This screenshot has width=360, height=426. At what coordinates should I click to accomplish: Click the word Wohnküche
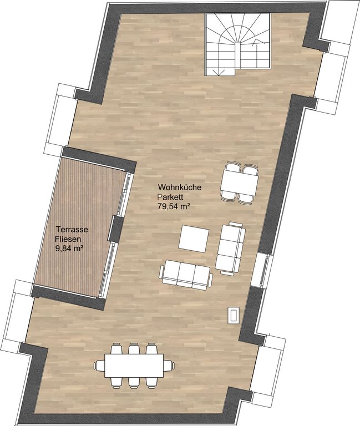point(180,187)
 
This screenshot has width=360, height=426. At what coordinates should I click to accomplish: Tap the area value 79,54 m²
point(173,206)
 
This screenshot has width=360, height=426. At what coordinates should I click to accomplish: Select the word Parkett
point(171,197)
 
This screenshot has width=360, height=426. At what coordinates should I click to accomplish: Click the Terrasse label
point(72,230)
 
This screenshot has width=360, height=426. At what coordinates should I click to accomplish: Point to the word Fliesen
point(68,239)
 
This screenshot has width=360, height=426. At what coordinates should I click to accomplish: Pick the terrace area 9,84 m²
point(69,248)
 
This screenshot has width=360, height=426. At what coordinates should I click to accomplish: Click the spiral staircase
point(238,45)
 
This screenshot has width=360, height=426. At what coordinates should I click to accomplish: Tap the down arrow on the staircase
point(219,72)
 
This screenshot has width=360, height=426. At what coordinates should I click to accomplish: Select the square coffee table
point(194,239)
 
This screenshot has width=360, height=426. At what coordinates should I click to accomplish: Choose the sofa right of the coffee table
point(231,247)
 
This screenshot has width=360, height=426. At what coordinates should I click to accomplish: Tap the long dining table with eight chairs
point(134,366)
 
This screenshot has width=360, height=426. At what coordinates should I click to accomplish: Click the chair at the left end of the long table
point(99,366)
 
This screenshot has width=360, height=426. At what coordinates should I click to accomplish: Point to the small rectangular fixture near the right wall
point(234,315)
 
